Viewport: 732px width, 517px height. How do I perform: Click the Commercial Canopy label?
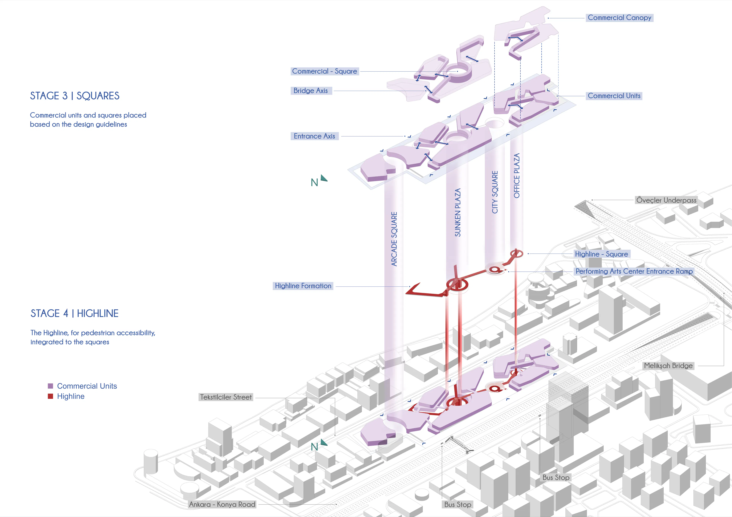[619, 18]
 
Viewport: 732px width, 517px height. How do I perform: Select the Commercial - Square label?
[325, 71]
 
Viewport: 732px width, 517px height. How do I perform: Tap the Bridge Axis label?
[311, 91]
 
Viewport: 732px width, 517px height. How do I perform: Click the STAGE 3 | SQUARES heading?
[75, 96]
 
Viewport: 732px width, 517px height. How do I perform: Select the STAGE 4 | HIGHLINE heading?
[75, 313]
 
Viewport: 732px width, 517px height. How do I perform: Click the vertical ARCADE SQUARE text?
[394, 239]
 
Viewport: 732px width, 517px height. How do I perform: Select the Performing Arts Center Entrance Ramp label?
[634, 271]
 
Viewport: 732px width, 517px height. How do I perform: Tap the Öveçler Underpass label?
[666, 200]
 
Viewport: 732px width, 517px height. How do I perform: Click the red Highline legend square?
[50, 396]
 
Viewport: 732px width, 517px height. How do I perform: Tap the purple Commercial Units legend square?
[50, 386]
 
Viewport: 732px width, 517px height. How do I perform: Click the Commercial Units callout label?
[614, 96]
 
